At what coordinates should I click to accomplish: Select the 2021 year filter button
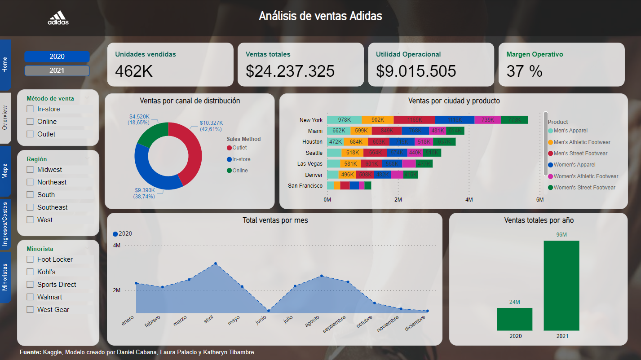click(x=57, y=70)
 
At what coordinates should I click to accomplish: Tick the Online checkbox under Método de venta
click(x=30, y=122)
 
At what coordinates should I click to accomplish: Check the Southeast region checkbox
click(x=30, y=207)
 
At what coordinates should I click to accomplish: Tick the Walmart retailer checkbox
click(x=30, y=297)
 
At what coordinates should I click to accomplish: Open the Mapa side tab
click(x=5, y=171)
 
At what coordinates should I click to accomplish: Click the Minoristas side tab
click(x=5, y=277)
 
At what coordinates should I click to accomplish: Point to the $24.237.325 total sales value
click(x=290, y=71)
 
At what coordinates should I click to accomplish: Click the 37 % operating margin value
click(x=525, y=71)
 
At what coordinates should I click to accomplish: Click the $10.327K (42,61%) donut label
click(x=211, y=126)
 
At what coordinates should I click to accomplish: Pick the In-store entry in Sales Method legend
click(x=241, y=159)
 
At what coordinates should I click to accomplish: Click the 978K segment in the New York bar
click(x=344, y=120)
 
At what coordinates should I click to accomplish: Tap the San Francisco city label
click(x=305, y=186)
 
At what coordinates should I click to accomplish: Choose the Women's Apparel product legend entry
click(x=575, y=165)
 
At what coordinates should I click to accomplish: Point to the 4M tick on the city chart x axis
click(x=469, y=199)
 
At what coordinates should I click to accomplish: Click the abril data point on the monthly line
click(x=216, y=263)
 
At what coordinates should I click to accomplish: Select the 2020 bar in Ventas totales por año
click(x=514, y=319)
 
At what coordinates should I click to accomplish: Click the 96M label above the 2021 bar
click(x=561, y=235)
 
